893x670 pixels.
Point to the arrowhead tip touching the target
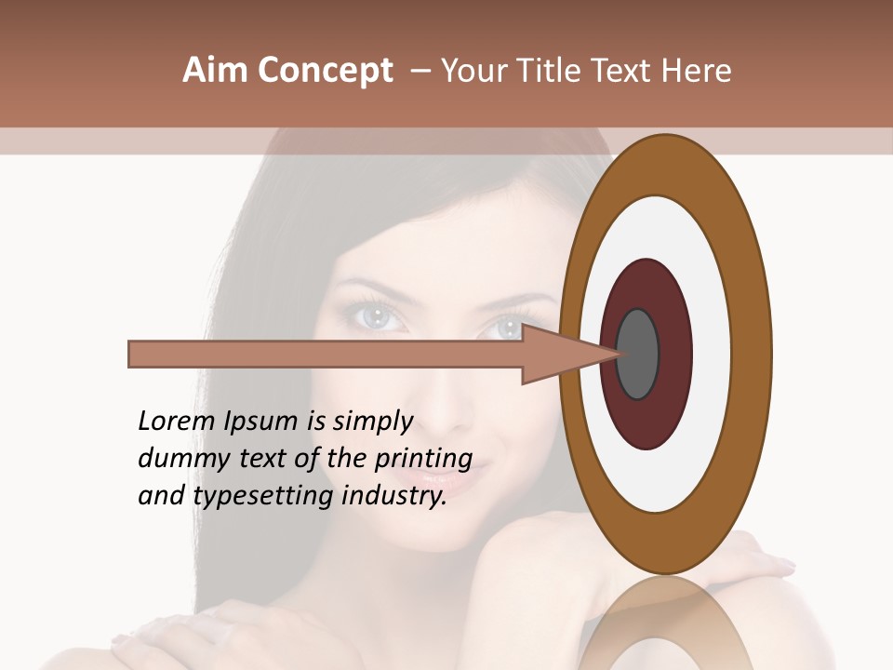click(621, 354)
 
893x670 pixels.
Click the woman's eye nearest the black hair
click(376, 316)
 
